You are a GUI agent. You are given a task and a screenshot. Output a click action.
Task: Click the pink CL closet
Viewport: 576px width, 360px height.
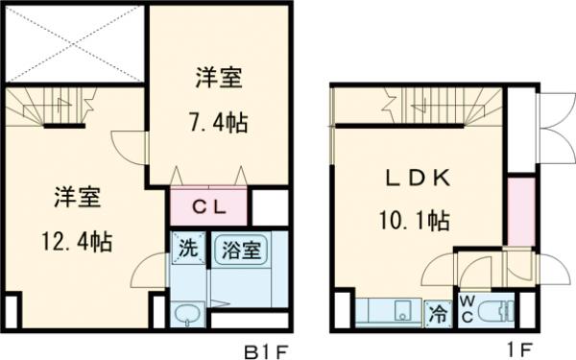pos(208,205)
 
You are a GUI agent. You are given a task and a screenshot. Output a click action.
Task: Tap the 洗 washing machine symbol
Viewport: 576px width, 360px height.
pos(187,247)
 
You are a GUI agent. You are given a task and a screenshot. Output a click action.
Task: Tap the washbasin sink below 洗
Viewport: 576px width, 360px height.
pos(187,313)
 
